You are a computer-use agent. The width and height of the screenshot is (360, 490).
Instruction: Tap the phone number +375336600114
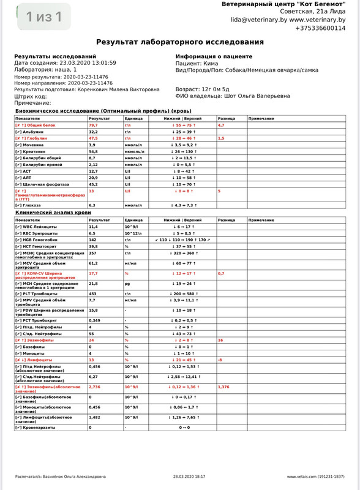point(320,28)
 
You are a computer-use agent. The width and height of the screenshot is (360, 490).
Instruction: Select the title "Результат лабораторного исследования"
point(180,42)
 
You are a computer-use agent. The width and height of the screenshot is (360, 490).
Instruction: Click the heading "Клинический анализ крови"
point(48,212)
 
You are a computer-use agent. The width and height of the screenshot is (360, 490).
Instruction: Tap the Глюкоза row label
point(29,205)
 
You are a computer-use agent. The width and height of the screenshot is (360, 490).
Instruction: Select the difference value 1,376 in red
point(225,387)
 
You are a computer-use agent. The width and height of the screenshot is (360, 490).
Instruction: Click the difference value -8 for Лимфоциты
point(220,360)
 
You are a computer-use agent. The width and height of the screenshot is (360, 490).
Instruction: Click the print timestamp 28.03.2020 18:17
point(189,476)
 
